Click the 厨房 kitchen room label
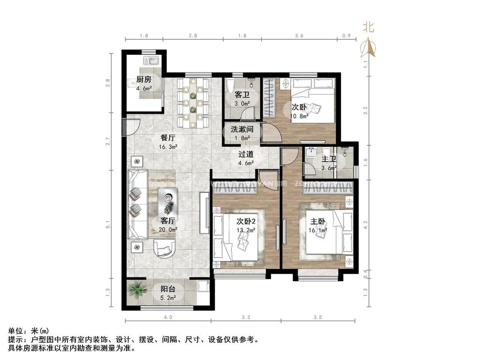(143, 79)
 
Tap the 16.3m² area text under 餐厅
(168, 147)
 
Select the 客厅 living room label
(168, 220)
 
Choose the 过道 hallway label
(246, 154)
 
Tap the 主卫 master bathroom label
(328, 159)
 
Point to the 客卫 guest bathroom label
(242, 95)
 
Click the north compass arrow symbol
(368, 47)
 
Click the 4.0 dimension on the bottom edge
(168, 317)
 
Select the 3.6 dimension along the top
(299, 36)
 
